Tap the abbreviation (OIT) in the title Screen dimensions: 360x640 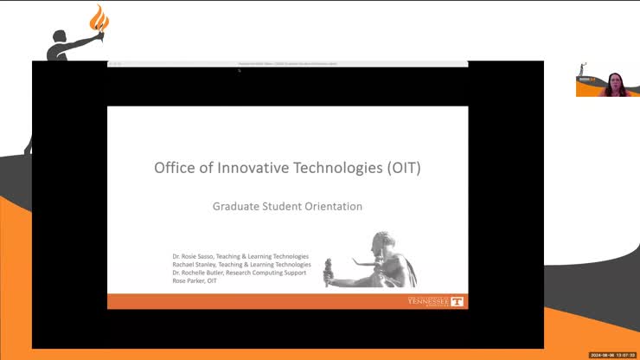click(400, 168)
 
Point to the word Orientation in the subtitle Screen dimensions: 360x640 click(334, 207)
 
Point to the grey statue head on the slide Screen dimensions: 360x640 click(381, 241)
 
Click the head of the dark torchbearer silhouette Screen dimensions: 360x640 click(60, 39)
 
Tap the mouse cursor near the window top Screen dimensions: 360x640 click(239, 71)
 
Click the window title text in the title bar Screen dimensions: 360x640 click(288, 64)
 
